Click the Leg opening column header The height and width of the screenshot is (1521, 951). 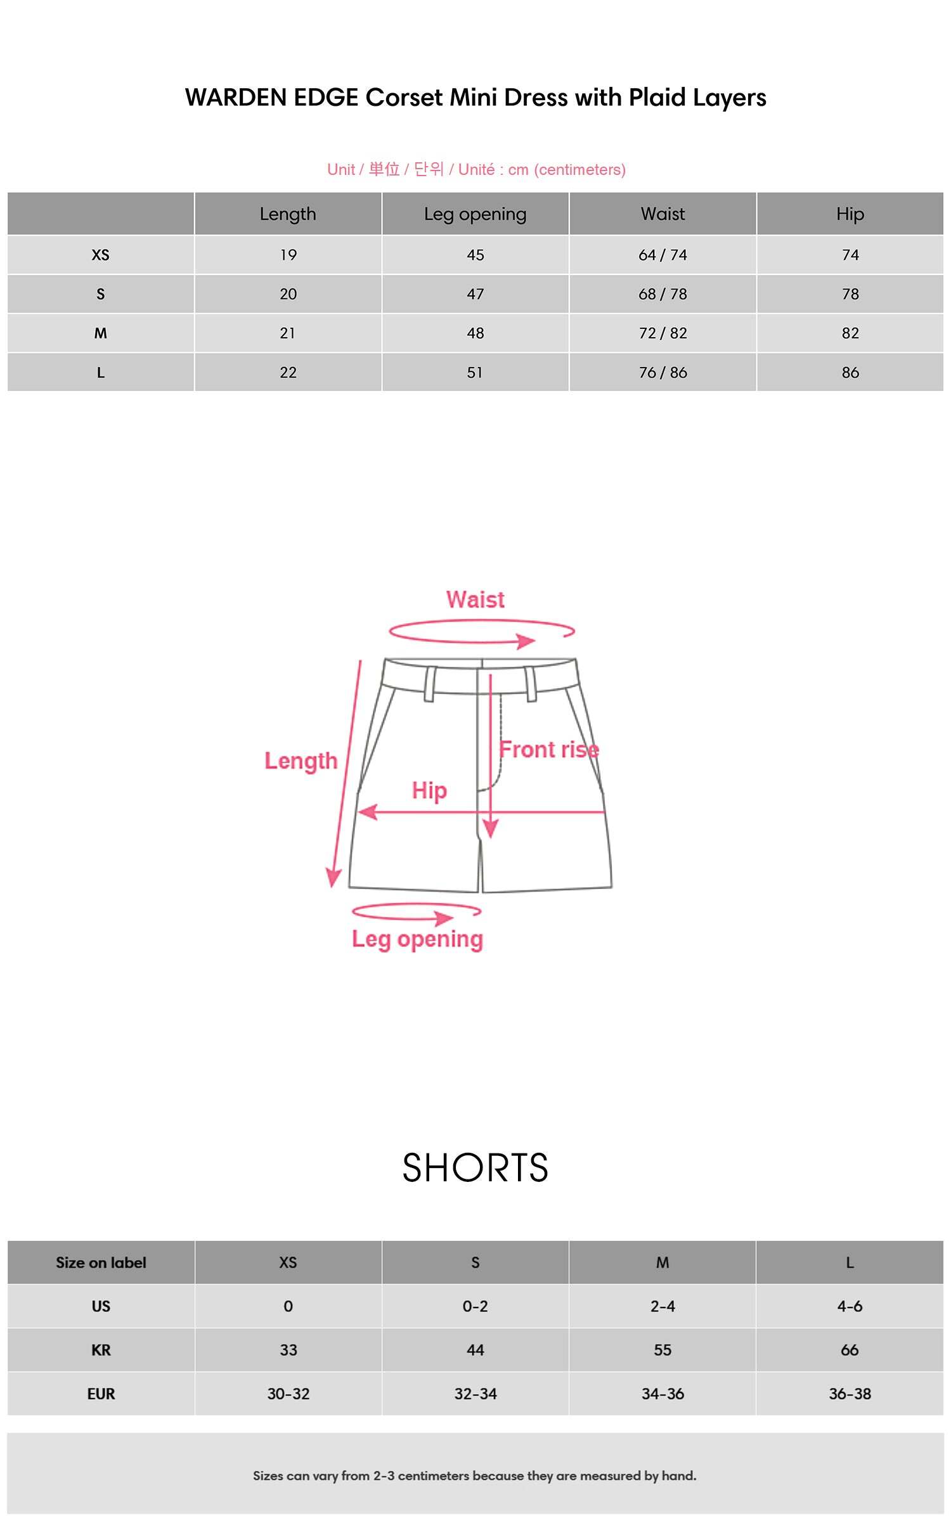coord(475,214)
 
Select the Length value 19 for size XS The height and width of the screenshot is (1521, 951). coord(288,255)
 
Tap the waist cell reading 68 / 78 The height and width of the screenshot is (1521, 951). coord(663,294)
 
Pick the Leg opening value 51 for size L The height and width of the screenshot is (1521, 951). coord(475,373)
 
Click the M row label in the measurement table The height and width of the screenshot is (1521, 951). coord(100,333)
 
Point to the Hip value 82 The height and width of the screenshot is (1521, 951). coord(850,333)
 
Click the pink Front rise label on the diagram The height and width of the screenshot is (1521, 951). coord(548,750)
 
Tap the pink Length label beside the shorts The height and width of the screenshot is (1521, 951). coord(301,760)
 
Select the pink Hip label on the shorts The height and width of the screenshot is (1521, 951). coord(429,790)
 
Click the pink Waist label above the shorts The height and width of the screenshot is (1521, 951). coord(475,600)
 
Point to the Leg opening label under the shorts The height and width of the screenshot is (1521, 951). coord(417,939)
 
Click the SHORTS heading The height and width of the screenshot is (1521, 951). coord(475,1168)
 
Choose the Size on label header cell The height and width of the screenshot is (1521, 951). coord(101,1262)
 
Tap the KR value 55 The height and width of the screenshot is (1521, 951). coord(663,1350)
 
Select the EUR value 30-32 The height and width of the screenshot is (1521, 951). coord(288,1394)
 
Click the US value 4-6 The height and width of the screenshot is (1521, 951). coord(850,1306)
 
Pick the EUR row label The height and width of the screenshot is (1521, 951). coord(101,1394)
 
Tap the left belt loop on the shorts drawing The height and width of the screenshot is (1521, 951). coord(429,684)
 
